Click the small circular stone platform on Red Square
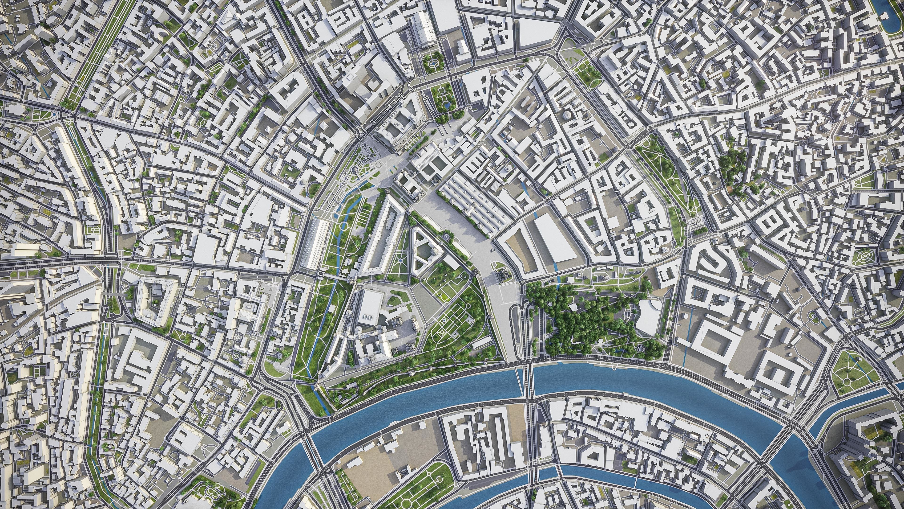(x=493, y=250)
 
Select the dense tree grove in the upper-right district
(x=732, y=165)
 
